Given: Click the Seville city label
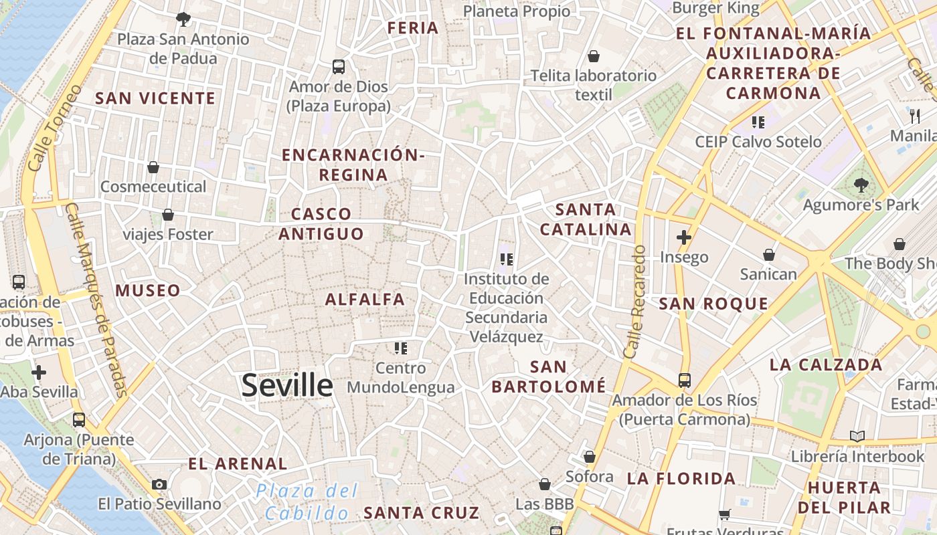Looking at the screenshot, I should [286, 386].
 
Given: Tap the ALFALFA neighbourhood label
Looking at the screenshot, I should [365, 300].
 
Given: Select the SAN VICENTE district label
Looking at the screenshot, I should [155, 98].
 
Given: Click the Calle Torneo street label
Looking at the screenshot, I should [55, 127].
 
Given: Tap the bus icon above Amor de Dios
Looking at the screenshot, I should [339, 67].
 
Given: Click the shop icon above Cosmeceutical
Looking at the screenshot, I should [153, 167].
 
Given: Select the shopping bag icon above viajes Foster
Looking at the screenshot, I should [168, 215].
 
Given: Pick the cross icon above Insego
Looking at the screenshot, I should [683, 237].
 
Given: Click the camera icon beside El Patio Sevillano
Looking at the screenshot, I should [159, 484].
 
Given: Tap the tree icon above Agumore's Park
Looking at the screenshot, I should [861, 185].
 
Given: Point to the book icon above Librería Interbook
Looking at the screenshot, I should [857, 437].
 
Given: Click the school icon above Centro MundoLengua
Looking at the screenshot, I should [401, 348].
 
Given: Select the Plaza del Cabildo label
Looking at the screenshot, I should [307, 502].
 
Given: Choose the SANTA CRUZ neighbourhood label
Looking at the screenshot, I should [421, 513].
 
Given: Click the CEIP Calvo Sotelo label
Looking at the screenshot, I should [758, 142].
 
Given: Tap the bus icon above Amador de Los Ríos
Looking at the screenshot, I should [684, 380].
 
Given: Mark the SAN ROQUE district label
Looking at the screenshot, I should [713, 304].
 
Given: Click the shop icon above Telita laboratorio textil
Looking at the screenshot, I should [593, 56].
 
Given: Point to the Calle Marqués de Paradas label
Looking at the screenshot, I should [97, 301].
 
